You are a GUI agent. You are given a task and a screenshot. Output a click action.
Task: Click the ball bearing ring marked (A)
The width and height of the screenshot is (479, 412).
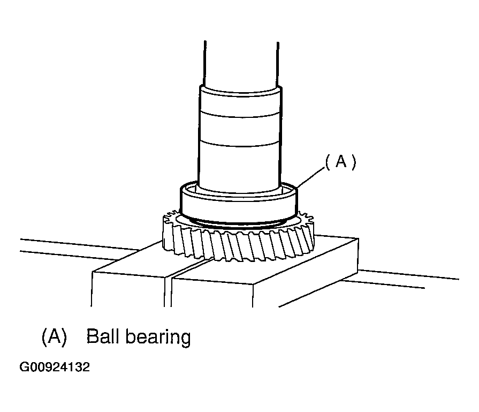point(238,203)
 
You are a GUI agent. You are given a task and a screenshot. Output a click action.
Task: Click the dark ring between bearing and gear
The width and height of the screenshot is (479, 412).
point(241,222)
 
